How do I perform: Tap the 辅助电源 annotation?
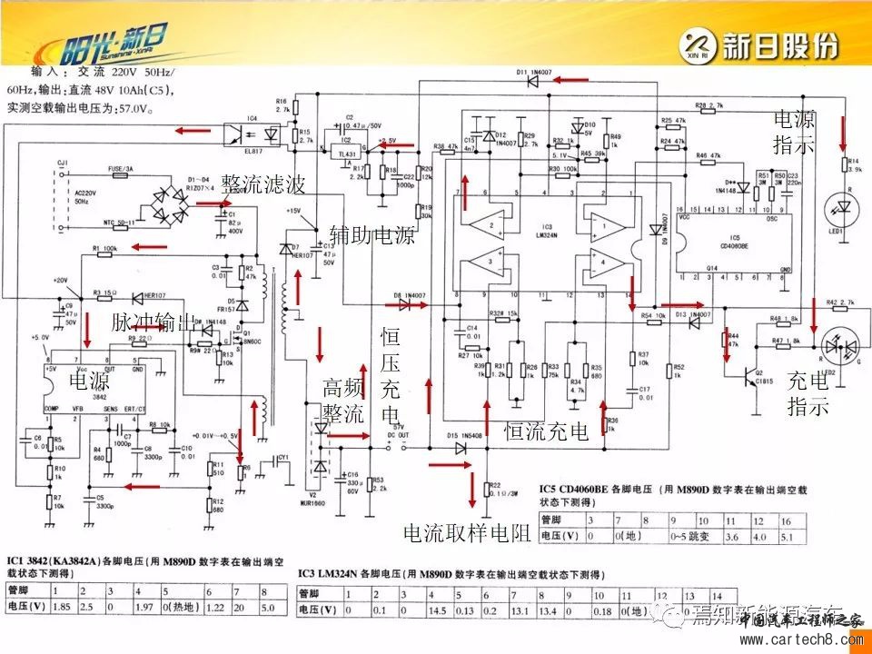pos(372,236)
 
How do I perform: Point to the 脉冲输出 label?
pos(154,322)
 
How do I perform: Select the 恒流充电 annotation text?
pos(548,431)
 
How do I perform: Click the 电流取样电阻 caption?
pos(467,532)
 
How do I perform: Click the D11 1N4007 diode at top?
pos(536,81)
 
